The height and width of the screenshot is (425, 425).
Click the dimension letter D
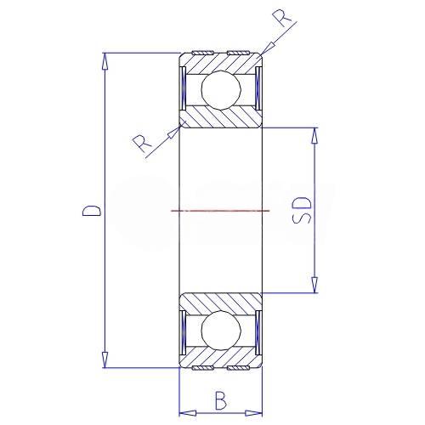[x=91, y=210]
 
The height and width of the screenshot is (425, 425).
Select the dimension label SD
[x=302, y=210]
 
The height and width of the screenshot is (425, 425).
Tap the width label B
[x=221, y=400]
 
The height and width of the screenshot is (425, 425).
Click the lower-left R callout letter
[x=143, y=144]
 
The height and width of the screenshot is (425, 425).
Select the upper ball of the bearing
[x=221, y=90]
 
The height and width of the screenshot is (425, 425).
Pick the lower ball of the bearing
[x=221, y=330]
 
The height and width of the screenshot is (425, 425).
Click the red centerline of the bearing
[x=220, y=211]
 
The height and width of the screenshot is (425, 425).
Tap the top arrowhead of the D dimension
[x=105, y=61]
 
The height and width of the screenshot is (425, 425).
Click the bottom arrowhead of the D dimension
[x=105, y=360]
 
